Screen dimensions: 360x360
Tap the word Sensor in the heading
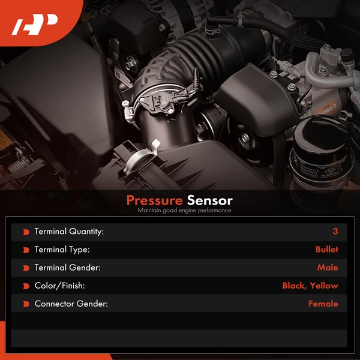click(209, 200)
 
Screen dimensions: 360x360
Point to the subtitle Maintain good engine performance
click(184, 211)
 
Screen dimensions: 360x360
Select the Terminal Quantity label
click(69, 232)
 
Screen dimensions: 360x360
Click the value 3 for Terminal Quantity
click(335, 232)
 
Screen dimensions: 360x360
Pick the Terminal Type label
click(62, 250)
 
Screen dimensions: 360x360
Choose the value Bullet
click(326, 250)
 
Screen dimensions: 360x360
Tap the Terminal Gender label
click(67, 268)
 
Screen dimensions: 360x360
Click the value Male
click(328, 268)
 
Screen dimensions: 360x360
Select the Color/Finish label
click(60, 286)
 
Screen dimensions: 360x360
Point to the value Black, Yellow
click(310, 286)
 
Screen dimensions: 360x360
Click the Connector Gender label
click(71, 304)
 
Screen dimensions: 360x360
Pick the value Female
click(323, 304)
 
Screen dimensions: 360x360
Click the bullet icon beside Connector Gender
click(26, 304)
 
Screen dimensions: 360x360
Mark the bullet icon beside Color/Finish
click(26, 286)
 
